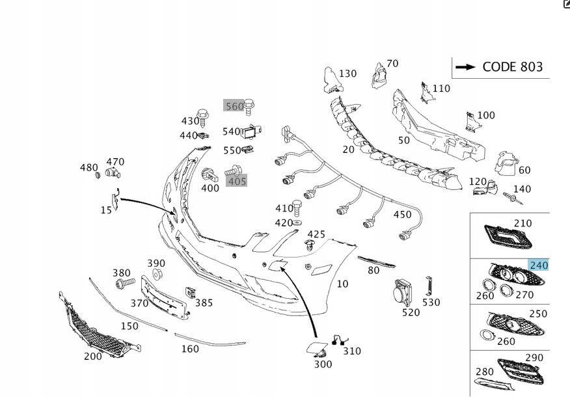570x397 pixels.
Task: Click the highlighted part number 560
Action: pos(234,106)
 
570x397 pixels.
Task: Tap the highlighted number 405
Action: pos(237,181)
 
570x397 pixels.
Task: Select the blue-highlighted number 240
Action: pos(539,265)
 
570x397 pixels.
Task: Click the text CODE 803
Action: pos(512,67)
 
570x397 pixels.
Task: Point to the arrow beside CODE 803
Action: pos(465,67)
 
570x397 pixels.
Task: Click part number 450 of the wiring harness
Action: pos(402,215)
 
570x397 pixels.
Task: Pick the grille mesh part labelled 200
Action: pos(98,325)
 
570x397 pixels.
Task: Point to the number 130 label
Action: pos(347,74)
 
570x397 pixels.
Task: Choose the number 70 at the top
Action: pos(392,64)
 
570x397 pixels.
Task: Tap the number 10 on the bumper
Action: pos(342,284)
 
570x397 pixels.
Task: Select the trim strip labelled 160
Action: pos(208,339)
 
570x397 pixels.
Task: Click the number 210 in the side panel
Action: pos(522,223)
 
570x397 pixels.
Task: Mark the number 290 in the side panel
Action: pos(534,358)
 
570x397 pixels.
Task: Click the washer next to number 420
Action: pos(297,223)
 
